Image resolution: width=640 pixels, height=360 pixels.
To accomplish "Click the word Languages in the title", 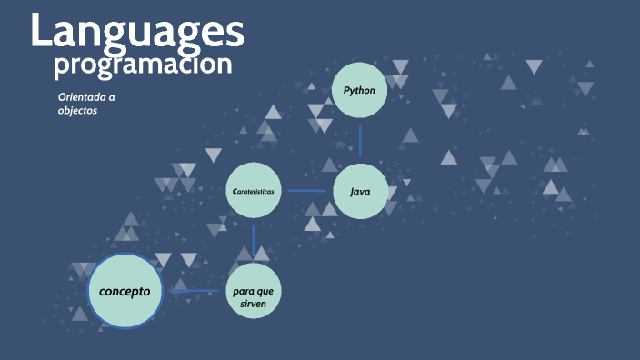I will coord(137,31).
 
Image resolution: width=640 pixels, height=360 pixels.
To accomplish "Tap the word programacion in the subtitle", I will coord(142,65).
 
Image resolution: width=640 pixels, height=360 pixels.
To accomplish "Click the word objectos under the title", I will coord(77,110).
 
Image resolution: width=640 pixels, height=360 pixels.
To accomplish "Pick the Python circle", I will coord(360,90).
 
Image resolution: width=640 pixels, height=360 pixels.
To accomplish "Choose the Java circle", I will coord(360,191).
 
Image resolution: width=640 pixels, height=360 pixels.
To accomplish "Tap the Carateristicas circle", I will coord(253,191).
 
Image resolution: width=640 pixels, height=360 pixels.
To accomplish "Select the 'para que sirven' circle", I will coord(253,292).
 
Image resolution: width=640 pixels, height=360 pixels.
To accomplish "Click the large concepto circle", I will coord(125,292).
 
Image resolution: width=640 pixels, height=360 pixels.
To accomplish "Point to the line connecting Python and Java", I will coord(360,141).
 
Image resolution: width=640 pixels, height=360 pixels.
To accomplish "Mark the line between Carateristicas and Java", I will coord(306,191).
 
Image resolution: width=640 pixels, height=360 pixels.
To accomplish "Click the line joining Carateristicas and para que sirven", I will coord(253,241).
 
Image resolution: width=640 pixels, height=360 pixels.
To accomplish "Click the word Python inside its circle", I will coord(360,90).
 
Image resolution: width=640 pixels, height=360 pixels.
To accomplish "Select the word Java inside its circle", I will coord(360,191).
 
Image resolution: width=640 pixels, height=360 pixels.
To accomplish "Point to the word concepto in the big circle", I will coord(125,292).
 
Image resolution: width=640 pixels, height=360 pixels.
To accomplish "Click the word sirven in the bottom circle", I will coord(253,301).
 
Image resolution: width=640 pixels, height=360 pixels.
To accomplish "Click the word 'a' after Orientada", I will coord(112,96).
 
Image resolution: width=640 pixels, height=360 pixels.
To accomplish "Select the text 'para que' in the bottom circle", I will coord(253,287).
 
